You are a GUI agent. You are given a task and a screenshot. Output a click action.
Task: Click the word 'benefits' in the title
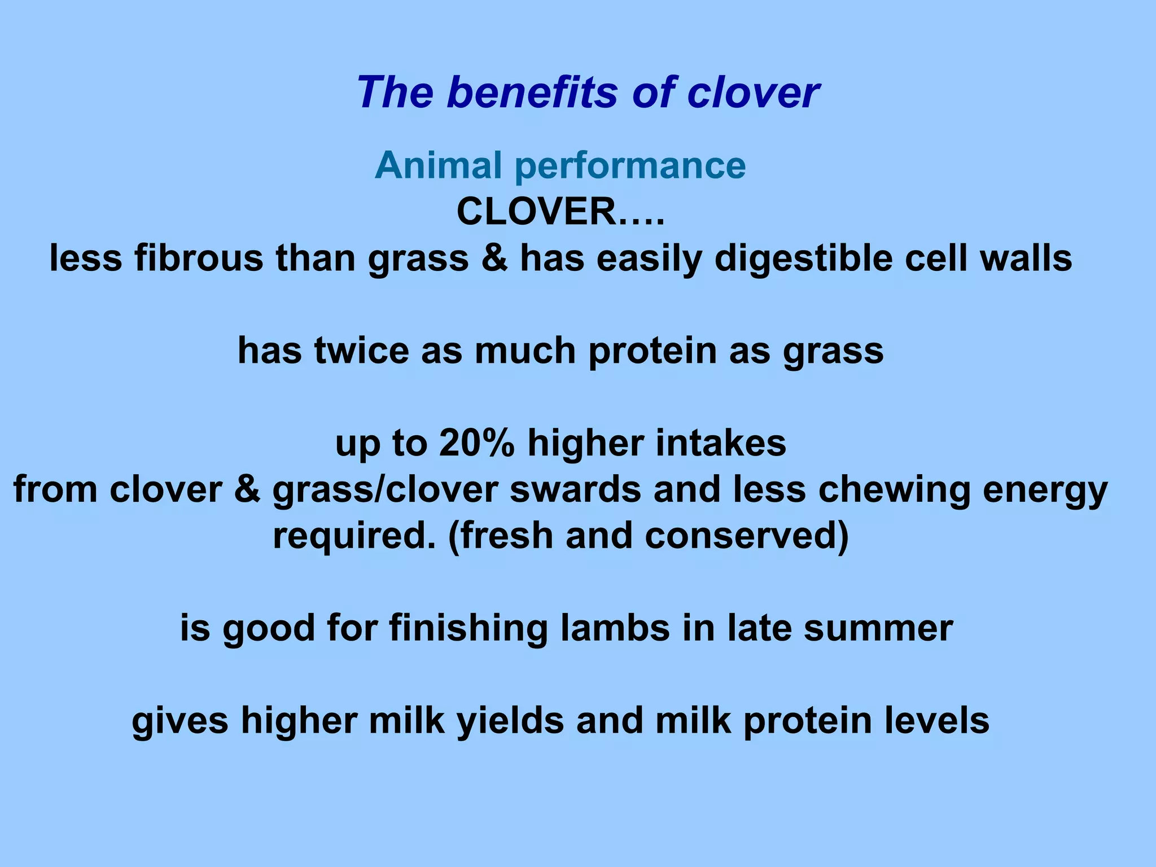pos(533,92)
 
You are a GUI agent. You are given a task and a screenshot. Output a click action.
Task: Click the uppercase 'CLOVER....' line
pos(560,212)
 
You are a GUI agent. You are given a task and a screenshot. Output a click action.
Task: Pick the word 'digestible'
pos(803,259)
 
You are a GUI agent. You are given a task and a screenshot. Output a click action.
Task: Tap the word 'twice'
pos(361,350)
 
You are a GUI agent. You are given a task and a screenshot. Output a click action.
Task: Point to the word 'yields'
pos(510,721)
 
